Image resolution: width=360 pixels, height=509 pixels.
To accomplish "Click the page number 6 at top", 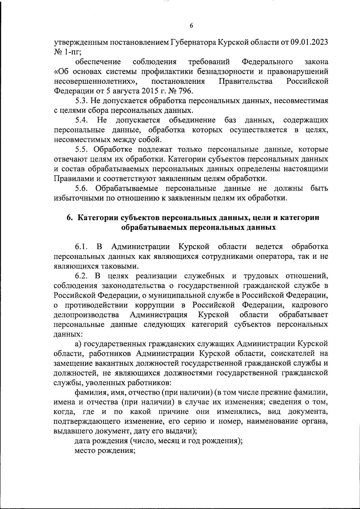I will click(191, 26).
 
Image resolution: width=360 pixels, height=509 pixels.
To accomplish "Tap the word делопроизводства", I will click(86, 315).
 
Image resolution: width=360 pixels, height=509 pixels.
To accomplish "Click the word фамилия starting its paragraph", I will click(88, 393).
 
